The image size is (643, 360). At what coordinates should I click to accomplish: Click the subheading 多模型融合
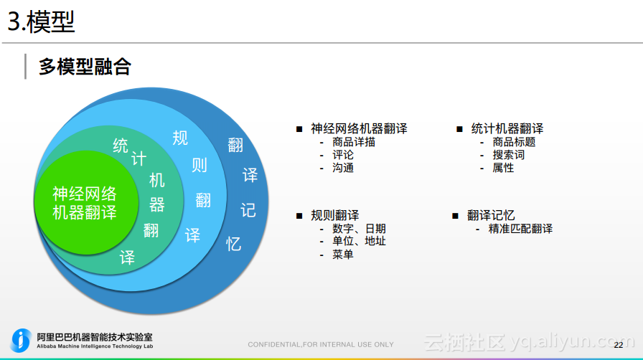point(85,67)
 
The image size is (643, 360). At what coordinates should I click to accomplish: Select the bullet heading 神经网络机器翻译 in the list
point(359,129)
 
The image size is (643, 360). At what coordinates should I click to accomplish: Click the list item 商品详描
point(353,142)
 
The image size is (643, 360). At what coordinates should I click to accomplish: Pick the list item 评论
point(343,155)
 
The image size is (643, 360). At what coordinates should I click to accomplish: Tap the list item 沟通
point(343,168)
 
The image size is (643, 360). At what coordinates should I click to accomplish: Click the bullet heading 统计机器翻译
point(507,129)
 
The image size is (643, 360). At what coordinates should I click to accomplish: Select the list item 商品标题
point(514,142)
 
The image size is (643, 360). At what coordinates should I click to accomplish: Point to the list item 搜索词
point(508,155)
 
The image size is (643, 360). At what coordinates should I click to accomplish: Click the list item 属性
point(503,168)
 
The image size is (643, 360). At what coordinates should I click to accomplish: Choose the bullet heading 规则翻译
point(335,215)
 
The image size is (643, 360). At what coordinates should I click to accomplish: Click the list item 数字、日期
point(359,229)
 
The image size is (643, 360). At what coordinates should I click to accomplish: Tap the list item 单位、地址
point(359,241)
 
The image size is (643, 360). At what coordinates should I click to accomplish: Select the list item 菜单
point(343,254)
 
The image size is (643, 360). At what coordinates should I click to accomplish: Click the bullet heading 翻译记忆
point(491,215)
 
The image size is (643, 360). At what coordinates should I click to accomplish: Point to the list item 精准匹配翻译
point(520,229)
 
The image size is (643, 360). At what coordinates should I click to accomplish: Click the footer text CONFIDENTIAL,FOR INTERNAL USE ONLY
point(321,345)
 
